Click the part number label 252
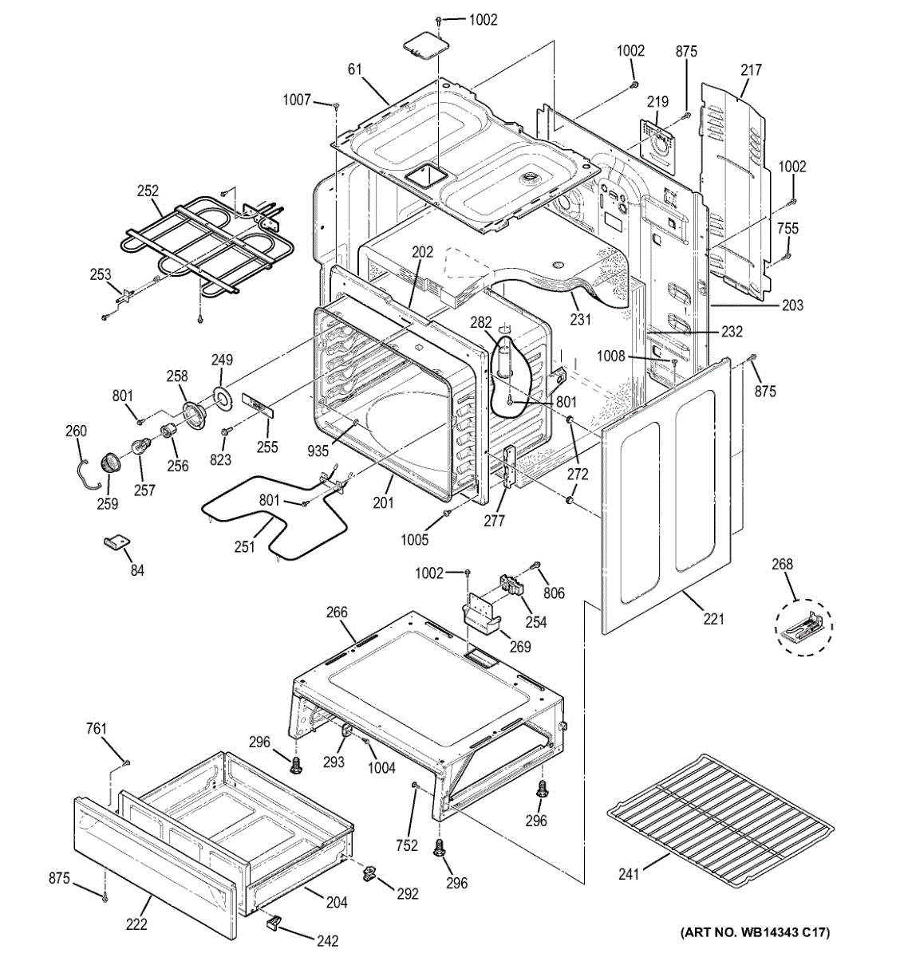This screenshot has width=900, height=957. click(x=148, y=191)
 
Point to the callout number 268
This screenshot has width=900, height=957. click(x=783, y=565)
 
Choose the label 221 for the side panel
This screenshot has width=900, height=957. click(x=714, y=618)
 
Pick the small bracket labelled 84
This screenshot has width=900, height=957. click(x=117, y=542)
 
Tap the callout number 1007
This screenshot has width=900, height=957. click(x=297, y=100)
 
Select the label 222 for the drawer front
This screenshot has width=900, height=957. click(x=136, y=924)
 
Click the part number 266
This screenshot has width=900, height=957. click(x=337, y=612)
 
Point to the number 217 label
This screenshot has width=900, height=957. click(x=751, y=70)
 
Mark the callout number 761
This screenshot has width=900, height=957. click(x=96, y=729)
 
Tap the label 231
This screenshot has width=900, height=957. click(x=580, y=320)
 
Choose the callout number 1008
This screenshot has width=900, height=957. click(x=611, y=356)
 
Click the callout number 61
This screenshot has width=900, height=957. click(x=355, y=69)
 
